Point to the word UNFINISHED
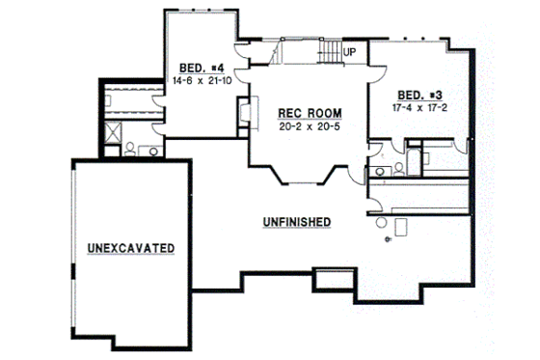296,222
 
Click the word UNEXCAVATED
130,248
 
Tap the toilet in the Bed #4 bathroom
129,150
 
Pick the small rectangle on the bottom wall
331,280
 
